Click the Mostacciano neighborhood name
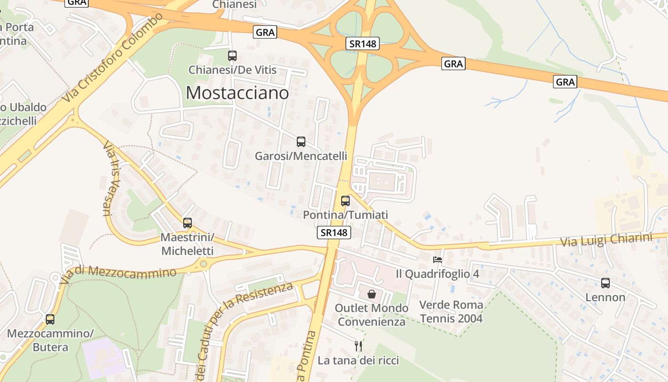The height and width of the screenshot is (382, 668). (237, 93)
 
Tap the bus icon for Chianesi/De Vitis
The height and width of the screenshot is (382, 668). (232, 56)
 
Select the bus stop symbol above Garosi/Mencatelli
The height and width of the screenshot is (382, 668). (301, 142)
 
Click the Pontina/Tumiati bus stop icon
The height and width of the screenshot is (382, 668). (345, 201)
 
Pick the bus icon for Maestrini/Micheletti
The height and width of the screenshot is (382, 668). (188, 223)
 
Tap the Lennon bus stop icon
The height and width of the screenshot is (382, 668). (605, 283)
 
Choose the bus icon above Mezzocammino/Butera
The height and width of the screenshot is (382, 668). (50, 319)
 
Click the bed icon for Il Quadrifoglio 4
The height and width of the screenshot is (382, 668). (438, 260)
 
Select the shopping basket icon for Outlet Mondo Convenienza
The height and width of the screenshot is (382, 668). (372, 294)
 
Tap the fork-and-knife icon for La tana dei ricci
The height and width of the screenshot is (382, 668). (358, 346)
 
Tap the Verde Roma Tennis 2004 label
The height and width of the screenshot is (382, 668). (451, 311)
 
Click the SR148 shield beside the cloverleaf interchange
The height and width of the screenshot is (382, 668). (362, 44)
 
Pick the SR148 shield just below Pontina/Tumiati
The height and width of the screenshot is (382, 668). (334, 233)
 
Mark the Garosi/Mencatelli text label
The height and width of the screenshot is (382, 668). (301, 156)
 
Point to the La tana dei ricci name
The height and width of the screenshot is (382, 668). (358, 360)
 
